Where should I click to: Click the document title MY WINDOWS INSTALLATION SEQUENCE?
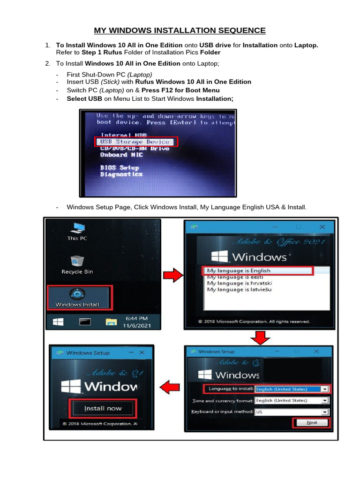pos(180,31)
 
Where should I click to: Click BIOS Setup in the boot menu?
pos(119,167)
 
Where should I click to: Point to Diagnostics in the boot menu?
pos(121,174)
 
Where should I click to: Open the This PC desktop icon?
pos(77,231)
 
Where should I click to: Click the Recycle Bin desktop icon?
pos(77,264)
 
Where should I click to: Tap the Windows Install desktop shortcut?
pos(77,297)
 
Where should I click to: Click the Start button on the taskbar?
pos(58,322)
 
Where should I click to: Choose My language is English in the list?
pos(239,270)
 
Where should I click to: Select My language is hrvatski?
pos(239,283)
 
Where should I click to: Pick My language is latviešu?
pos(239,290)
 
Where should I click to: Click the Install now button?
pos(103,408)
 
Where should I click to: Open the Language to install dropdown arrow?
pos(324,389)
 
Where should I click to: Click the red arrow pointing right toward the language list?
pos(173,276)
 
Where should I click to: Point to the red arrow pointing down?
pos(259,337)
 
